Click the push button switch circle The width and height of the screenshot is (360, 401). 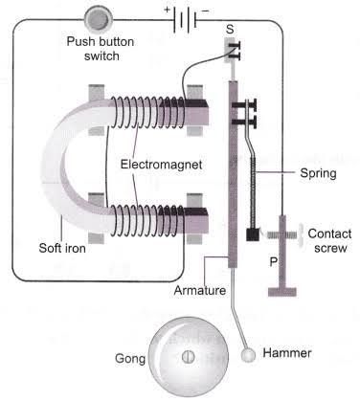click(99, 19)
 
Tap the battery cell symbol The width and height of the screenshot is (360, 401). click(184, 20)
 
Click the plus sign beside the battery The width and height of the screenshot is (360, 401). click(168, 10)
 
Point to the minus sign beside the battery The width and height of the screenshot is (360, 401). click(206, 11)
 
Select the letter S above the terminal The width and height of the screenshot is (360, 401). click(230, 30)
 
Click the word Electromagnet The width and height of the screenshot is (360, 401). click(161, 165)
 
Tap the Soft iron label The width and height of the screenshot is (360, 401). click(62, 248)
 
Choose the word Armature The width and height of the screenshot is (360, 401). click(200, 290)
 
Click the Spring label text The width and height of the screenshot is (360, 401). click(318, 173)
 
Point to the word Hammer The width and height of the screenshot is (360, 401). click(287, 353)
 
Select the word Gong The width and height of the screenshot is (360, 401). click(130, 359)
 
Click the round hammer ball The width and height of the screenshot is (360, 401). click(248, 355)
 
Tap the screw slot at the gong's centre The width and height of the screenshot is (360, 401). click(189, 357)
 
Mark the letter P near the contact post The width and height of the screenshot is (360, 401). click(274, 262)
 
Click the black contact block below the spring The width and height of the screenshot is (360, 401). click(253, 235)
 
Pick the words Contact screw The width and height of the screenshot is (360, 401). click(330, 240)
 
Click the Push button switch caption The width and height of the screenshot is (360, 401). click(101, 49)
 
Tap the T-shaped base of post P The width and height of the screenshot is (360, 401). click(282, 292)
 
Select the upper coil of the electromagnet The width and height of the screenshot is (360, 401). click(147, 112)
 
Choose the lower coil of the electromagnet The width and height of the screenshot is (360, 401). click(147, 221)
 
